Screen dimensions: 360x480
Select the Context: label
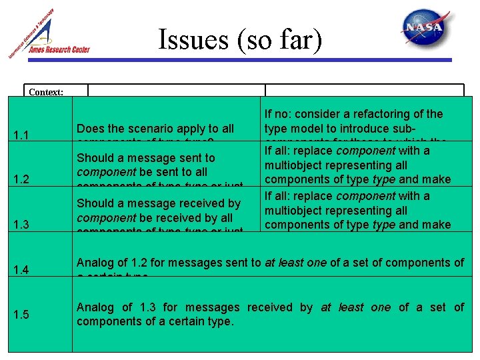click(46, 92)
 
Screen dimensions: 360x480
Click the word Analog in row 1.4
click(95, 263)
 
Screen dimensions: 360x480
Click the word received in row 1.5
click(270, 307)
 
